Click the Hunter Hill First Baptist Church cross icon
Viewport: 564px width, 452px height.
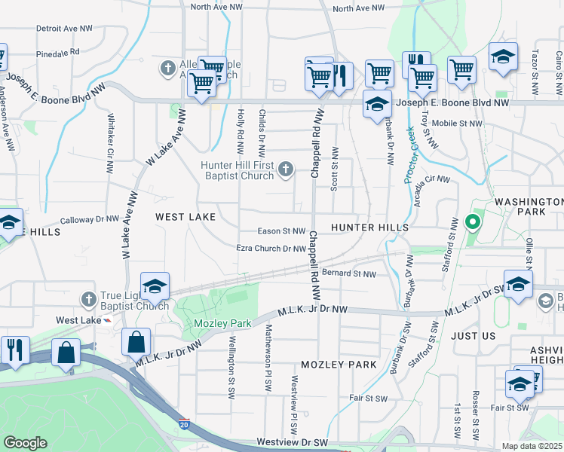(286, 169)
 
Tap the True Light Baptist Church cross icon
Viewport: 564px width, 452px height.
(89, 299)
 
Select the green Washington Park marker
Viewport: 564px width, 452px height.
(473, 222)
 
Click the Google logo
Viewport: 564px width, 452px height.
(25, 443)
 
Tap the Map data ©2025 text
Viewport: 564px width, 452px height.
(532, 446)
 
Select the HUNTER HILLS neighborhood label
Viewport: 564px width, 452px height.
(369, 227)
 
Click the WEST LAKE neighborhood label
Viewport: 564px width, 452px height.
(185, 217)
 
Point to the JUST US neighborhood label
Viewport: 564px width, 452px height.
(474, 337)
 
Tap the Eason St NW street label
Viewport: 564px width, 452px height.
(281, 231)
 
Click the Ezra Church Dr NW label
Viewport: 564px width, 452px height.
(271, 248)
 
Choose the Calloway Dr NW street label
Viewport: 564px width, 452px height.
(90, 219)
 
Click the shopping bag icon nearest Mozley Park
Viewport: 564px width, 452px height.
(136, 342)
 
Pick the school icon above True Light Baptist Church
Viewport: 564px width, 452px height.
(155, 286)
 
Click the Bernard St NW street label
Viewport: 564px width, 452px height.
(348, 273)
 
